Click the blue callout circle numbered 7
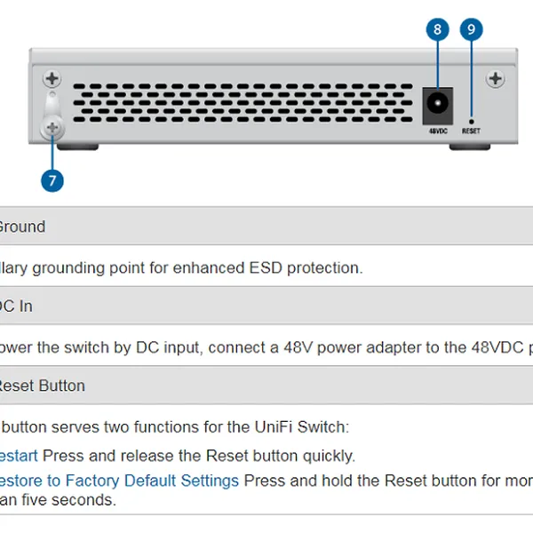click(x=52, y=180)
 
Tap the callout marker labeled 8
click(x=436, y=29)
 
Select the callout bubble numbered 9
click(x=471, y=29)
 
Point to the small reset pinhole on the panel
click(x=471, y=119)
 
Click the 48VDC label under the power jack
click(x=436, y=131)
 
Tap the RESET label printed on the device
click(x=471, y=131)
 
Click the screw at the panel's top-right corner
click(x=496, y=78)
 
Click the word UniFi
click(x=254, y=426)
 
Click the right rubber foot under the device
click(x=471, y=141)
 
